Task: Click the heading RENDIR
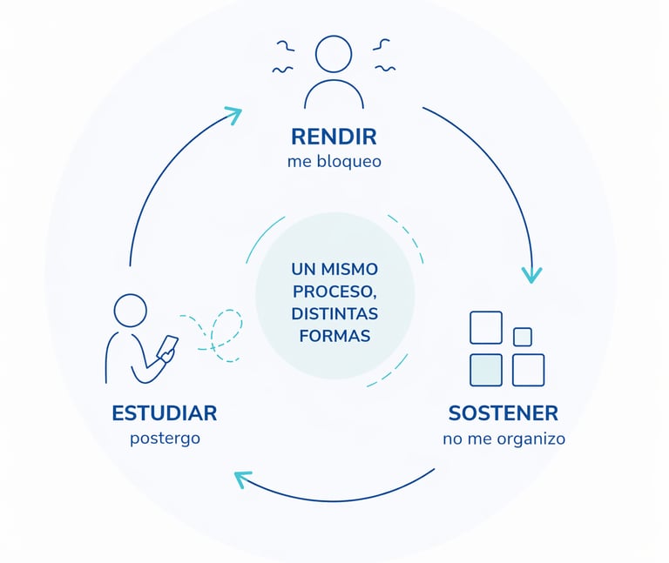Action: tap(334, 137)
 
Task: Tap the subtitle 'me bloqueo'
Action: tap(334, 162)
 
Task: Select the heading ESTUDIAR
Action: tap(165, 413)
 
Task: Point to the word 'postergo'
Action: tap(165, 439)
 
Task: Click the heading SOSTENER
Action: tap(503, 413)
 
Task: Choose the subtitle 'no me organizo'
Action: tap(503, 439)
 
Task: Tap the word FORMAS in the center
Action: tap(334, 336)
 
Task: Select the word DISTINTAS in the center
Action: tap(334, 313)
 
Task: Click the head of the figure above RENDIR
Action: tap(334, 54)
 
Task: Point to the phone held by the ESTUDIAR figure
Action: tap(167, 347)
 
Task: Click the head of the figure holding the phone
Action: tap(131, 311)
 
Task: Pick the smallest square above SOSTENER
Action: tap(523, 337)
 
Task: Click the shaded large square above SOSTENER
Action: tap(485, 370)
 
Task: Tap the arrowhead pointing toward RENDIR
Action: tap(234, 114)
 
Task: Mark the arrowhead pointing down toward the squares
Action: tap(531, 275)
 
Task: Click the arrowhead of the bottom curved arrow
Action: tap(242, 479)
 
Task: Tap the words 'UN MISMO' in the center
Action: tap(334, 270)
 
